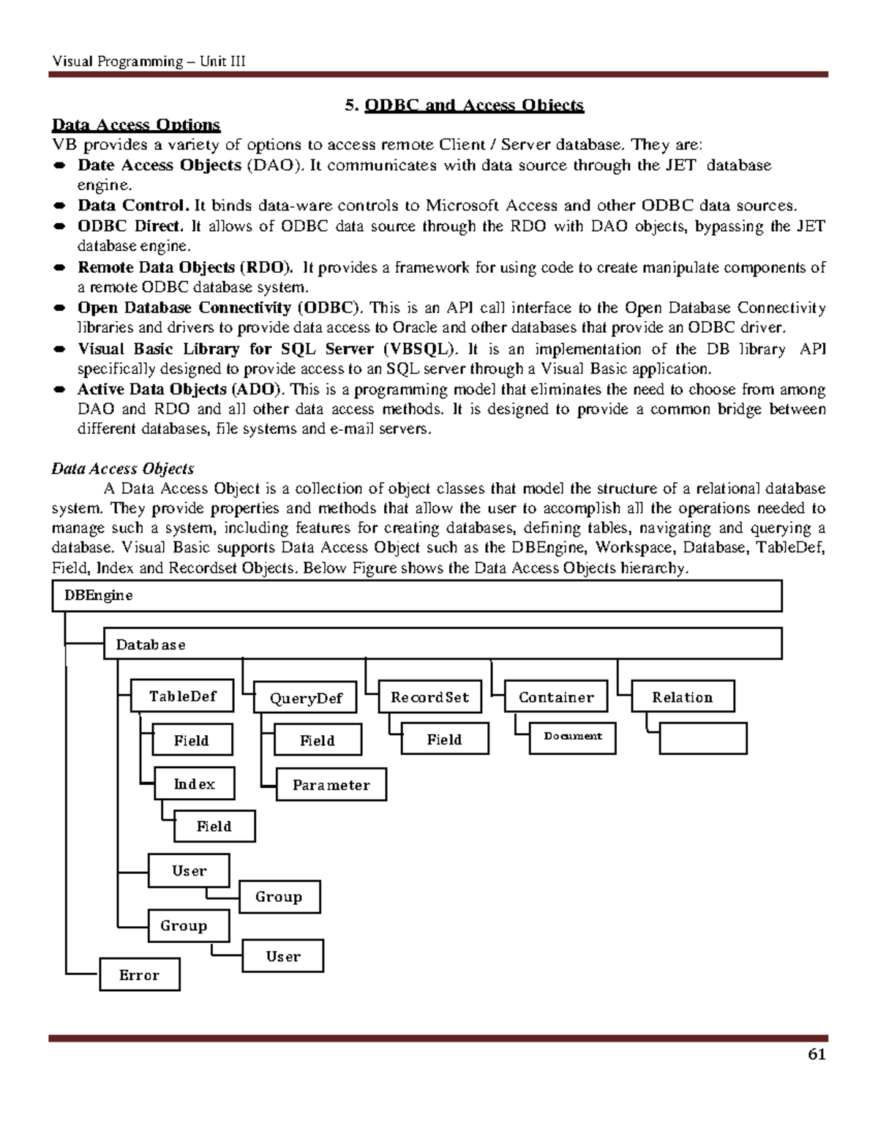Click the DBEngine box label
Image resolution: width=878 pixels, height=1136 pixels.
(x=99, y=595)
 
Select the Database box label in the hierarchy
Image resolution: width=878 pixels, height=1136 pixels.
(x=151, y=645)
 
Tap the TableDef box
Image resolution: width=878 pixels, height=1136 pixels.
(x=182, y=696)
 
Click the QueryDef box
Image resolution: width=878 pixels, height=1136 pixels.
(x=305, y=699)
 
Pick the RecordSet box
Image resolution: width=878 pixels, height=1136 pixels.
(x=429, y=698)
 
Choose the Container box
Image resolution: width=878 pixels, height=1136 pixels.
(x=556, y=698)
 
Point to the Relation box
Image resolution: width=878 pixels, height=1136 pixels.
(x=682, y=698)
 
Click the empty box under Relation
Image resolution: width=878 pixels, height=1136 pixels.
(x=702, y=739)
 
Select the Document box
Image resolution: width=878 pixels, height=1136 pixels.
(x=572, y=737)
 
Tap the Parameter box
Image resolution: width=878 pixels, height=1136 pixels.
(x=331, y=786)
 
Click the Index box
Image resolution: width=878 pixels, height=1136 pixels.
(x=194, y=784)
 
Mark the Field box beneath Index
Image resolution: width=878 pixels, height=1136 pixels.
(x=214, y=827)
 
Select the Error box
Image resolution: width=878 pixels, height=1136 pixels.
(x=139, y=975)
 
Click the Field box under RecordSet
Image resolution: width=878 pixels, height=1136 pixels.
(x=444, y=740)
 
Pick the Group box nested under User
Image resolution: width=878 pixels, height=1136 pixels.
(x=279, y=897)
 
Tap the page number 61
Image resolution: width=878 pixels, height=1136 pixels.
(x=816, y=1054)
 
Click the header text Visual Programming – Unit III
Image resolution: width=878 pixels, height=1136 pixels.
(x=149, y=61)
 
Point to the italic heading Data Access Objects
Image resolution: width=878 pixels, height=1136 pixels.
(x=122, y=469)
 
